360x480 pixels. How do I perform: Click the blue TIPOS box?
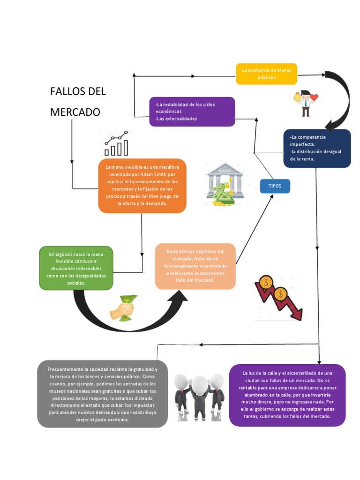point(275,186)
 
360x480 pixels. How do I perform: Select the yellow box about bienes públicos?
point(266,74)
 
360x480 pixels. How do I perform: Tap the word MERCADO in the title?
point(75,112)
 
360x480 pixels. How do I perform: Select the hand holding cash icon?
point(123,308)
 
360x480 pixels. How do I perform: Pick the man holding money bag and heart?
point(306,102)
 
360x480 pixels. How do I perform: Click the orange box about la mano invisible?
point(142,186)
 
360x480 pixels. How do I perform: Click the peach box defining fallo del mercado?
point(195,266)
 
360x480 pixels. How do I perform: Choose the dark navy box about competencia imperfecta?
point(317,148)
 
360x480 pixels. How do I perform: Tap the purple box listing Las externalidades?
point(192,112)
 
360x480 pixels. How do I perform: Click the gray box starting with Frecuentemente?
point(102,394)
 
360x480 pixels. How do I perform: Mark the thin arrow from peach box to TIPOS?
point(255,230)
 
